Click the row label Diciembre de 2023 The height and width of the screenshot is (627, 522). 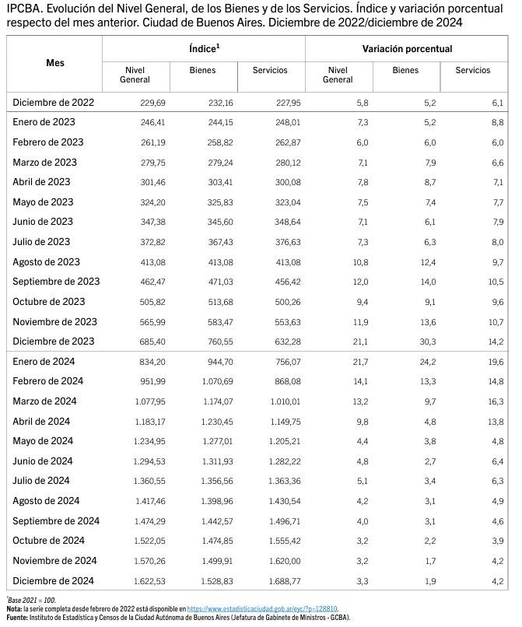coord(54,342)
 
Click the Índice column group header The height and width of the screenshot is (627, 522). coord(204,48)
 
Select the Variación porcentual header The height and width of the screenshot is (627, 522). coord(407,48)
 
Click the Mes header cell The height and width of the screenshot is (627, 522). coord(55,61)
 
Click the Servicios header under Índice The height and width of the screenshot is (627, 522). coord(270,70)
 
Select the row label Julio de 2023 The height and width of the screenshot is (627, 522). coord(46,242)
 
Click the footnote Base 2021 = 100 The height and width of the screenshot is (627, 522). coord(32,601)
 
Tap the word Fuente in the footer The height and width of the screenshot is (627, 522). coord(17,617)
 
